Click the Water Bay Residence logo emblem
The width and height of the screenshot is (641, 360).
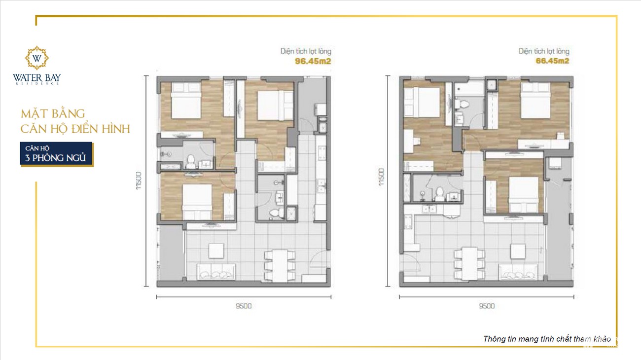click(x=37, y=58)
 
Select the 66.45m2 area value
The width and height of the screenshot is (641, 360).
click(x=552, y=61)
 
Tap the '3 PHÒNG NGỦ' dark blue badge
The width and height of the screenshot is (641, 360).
click(x=56, y=153)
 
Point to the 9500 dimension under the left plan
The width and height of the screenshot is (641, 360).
click(x=244, y=306)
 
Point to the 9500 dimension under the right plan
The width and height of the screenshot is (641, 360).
click(x=486, y=306)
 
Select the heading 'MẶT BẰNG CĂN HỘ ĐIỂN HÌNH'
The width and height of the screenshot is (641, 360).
click(x=75, y=122)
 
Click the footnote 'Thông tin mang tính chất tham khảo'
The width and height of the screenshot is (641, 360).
click(x=547, y=339)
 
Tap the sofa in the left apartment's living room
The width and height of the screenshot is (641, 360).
click(x=216, y=271)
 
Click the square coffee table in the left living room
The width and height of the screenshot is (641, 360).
click(x=216, y=251)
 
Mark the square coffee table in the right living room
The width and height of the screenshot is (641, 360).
click(x=518, y=251)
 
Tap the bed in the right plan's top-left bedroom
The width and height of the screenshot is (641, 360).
click(x=422, y=102)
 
